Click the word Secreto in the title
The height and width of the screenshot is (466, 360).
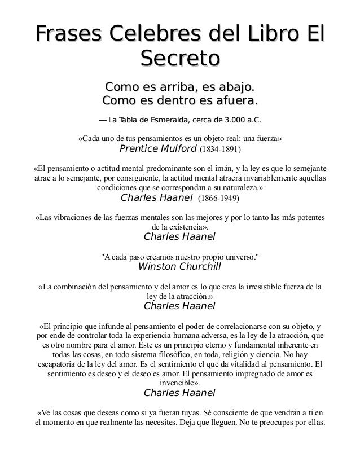tap(180, 58)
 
